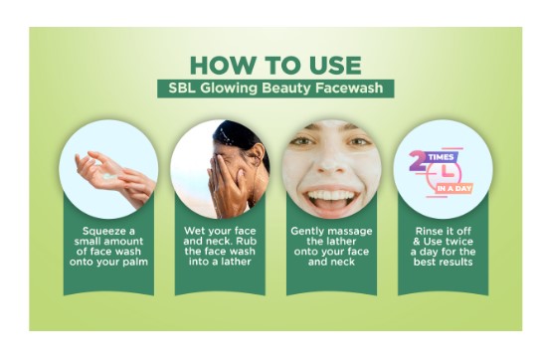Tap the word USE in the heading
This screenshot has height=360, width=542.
tap(335, 65)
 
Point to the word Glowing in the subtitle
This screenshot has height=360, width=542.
tap(229, 89)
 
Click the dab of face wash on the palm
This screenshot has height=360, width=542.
tap(110, 177)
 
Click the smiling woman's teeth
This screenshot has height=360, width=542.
tap(331, 196)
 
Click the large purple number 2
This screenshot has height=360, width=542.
tap(419, 161)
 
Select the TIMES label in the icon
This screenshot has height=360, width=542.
tap(441, 157)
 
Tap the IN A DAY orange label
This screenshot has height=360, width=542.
tap(454, 189)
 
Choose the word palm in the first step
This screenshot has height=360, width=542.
tap(135, 263)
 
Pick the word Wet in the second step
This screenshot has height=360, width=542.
tap(194, 231)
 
